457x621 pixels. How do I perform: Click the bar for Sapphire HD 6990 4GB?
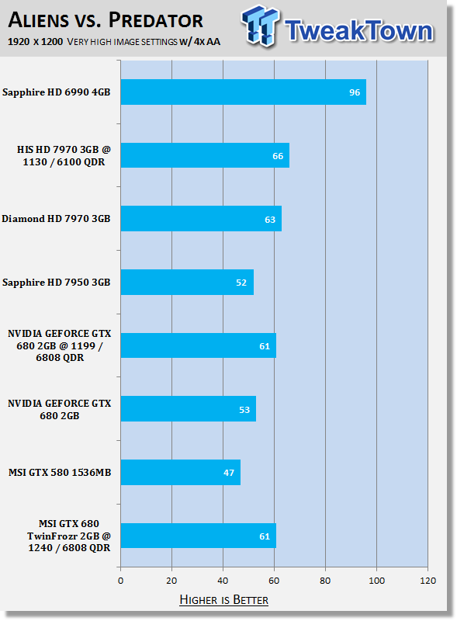click(243, 92)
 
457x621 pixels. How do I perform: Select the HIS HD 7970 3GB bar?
click(205, 155)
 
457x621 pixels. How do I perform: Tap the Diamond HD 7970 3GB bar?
click(201, 219)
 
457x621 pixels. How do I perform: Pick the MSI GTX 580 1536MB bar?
click(181, 472)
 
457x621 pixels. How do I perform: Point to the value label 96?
click(355, 92)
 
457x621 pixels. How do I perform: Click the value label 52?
click(241, 283)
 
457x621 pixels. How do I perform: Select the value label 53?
click(244, 410)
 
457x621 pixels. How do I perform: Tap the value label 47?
click(229, 473)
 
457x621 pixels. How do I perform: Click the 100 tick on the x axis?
click(376, 581)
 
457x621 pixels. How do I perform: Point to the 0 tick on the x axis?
click(121, 581)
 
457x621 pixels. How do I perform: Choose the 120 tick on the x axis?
click(428, 581)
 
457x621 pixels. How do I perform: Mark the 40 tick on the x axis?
click(223, 581)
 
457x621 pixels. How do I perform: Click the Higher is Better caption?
click(223, 599)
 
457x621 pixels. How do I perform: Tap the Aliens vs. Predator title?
click(106, 20)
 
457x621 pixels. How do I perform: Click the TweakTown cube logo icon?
click(260, 26)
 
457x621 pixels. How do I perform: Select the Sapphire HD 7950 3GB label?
click(56, 283)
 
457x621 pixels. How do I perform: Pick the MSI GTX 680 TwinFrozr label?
click(69, 536)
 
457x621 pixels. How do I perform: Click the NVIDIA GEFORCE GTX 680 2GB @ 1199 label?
click(60, 345)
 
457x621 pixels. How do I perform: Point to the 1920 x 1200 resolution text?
click(35, 42)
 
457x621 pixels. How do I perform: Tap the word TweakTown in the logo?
click(358, 30)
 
